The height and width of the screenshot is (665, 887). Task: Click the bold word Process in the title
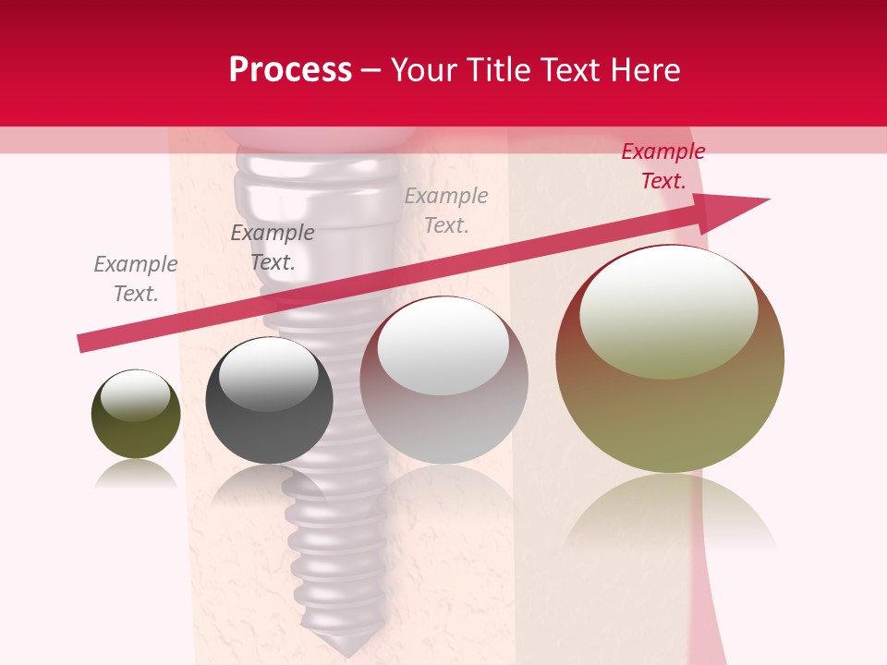click(290, 70)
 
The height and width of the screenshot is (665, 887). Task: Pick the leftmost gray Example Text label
click(136, 279)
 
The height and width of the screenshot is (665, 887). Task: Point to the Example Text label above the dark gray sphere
click(273, 248)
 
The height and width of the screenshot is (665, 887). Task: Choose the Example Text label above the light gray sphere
click(446, 211)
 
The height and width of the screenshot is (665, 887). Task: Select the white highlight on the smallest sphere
click(136, 395)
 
